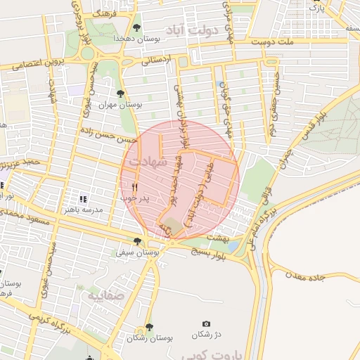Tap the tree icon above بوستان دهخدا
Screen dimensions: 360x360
(x=136, y=27)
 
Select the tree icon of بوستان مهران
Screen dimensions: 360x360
(x=122, y=93)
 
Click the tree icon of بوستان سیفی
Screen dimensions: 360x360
(x=136, y=241)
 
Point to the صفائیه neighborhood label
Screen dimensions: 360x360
(x=105, y=296)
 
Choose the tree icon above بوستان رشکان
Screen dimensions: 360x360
(x=148, y=327)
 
